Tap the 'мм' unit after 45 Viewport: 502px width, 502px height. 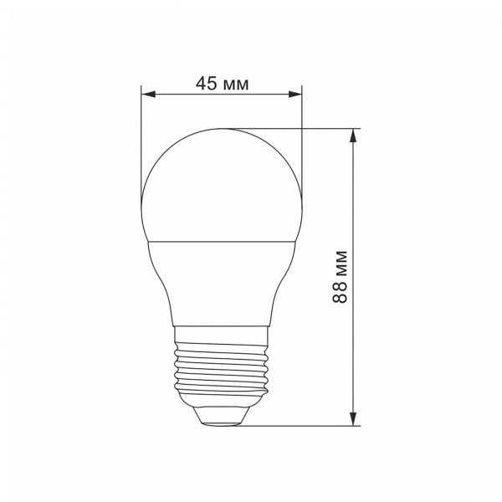point(237,83)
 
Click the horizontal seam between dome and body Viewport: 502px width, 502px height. point(222,238)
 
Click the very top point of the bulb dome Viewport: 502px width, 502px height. point(222,129)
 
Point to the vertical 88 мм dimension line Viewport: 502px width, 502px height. point(357,209)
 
